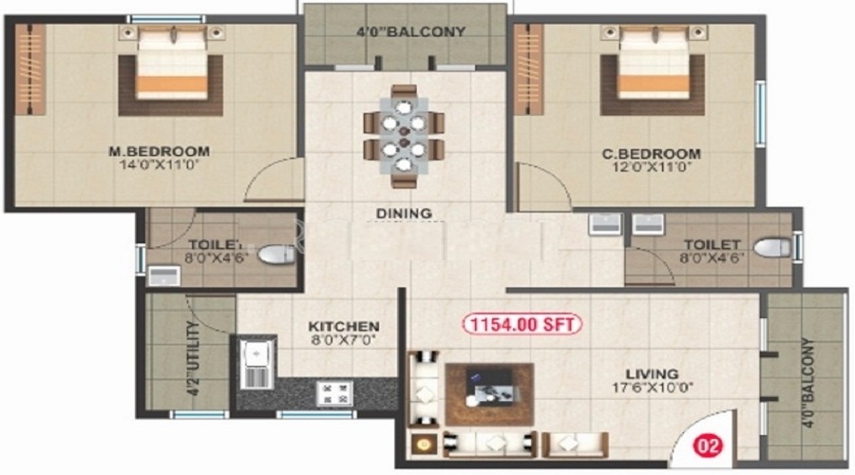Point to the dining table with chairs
pos(404,136)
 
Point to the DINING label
pos(404,214)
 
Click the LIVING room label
pos(652,373)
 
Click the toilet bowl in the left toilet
pos(277,255)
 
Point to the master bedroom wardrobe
pos(30,68)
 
